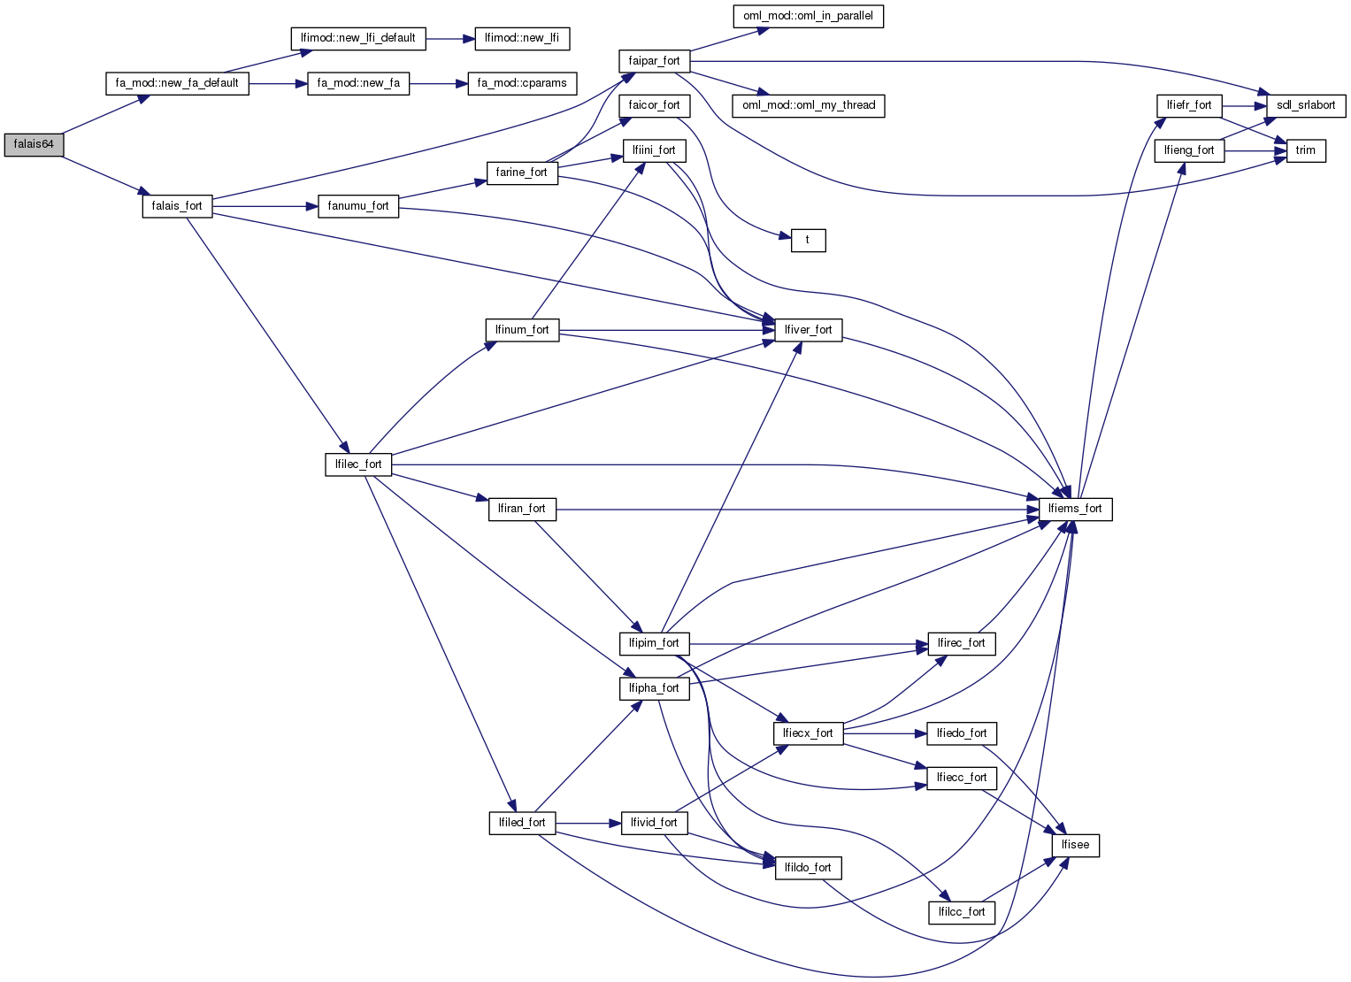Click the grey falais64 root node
(x=34, y=145)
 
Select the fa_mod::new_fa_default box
(x=177, y=83)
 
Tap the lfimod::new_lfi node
(x=522, y=38)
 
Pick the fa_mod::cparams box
(x=522, y=83)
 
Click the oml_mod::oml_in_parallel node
(x=809, y=16)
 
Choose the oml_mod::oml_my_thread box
(x=809, y=105)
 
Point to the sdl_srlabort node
(x=1306, y=105)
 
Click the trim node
(x=1306, y=150)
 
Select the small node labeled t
(x=807, y=240)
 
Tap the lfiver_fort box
(x=808, y=330)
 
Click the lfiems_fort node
(x=1075, y=509)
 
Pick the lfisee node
(x=1075, y=845)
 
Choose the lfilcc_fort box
(x=962, y=912)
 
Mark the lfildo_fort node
(x=808, y=868)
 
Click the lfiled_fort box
(x=522, y=823)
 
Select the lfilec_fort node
(x=358, y=464)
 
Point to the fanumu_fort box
(x=358, y=206)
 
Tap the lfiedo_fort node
(x=962, y=733)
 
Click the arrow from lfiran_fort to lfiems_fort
(x=796, y=510)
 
